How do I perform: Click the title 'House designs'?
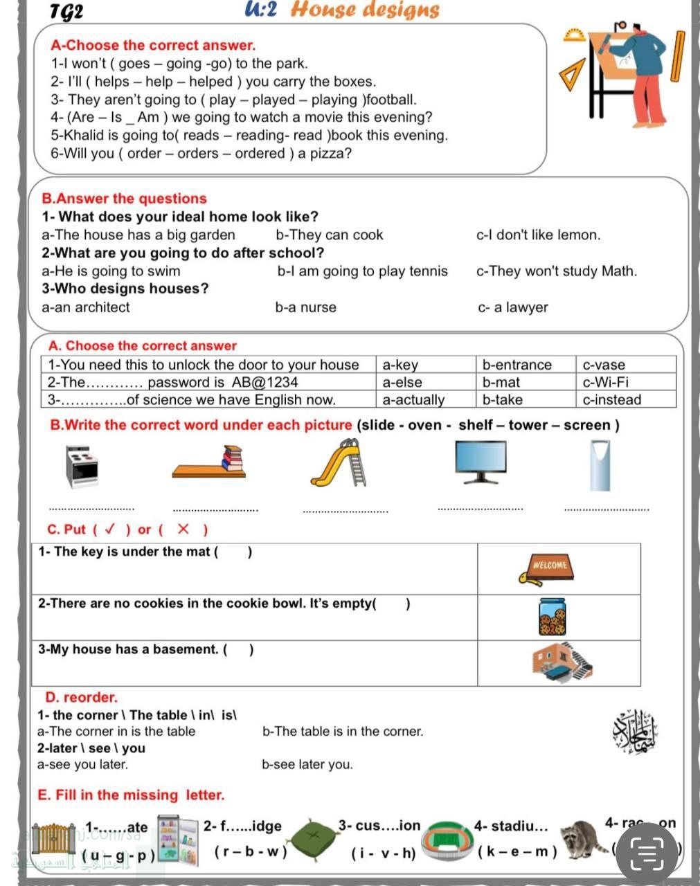pyautogui.click(x=365, y=10)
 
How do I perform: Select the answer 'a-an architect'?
pyautogui.click(x=85, y=307)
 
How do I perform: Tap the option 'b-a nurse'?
pyautogui.click(x=305, y=307)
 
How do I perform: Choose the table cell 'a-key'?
pyautogui.click(x=400, y=365)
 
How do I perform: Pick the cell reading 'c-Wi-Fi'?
pyautogui.click(x=606, y=382)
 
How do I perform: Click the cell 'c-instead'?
pyautogui.click(x=612, y=399)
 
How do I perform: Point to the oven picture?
pyautogui.click(x=82, y=467)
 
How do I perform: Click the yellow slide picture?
pyautogui.click(x=339, y=463)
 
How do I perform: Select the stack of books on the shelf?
pyautogui.click(x=233, y=458)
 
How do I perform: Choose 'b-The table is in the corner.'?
pyautogui.click(x=343, y=732)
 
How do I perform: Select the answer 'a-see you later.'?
pyautogui.click(x=82, y=765)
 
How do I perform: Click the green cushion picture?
pyautogui.click(x=314, y=837)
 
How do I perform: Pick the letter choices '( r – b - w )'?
pyautogui.click(x=250, y=852)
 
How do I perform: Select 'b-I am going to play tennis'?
pyautogui.click(x=362, y=271)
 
